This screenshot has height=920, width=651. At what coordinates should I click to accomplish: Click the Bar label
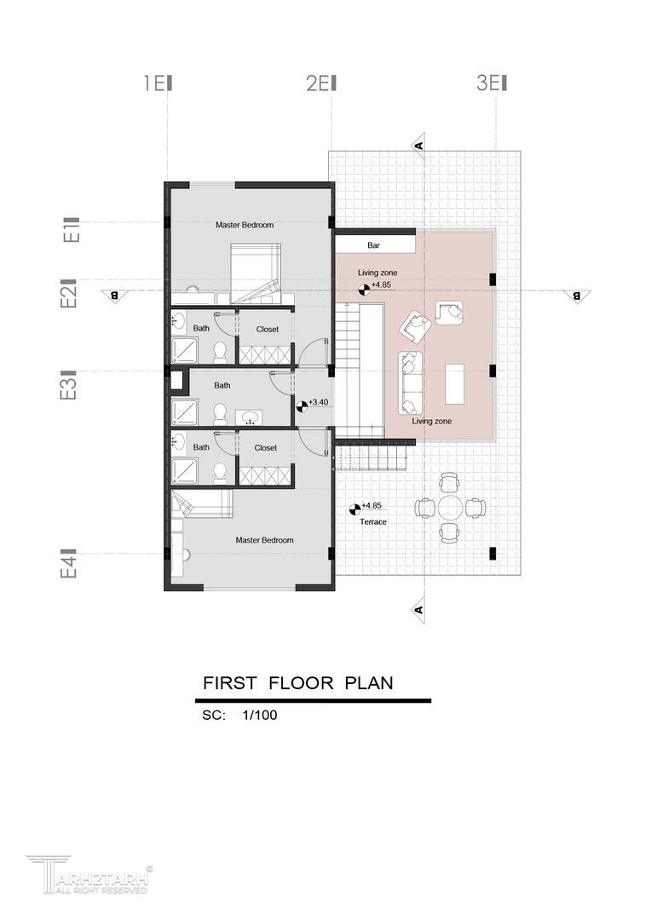(x=373, y=245)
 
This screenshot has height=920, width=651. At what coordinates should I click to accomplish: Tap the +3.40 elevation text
(x=318, y=402)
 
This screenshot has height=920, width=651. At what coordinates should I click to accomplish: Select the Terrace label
(x=373, y=521)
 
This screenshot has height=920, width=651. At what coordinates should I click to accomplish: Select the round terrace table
(x=450, y=508)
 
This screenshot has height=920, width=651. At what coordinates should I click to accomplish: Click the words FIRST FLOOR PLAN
(x=298, y=683)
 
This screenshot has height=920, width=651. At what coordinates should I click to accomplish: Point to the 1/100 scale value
(x=259, y=716)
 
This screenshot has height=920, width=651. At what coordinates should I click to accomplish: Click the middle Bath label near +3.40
(x=222, y=386)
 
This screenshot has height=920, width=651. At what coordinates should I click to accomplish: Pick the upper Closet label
(x=268, y=329)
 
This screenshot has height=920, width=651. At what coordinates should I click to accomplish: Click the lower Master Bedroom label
(x=265, y=540)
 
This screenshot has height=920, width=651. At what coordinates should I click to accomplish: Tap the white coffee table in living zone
(x=455, y=383)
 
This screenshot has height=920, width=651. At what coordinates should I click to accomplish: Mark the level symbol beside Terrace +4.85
(x=354, y=509)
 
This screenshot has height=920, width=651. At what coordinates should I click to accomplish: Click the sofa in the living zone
(x=411, y=382)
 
